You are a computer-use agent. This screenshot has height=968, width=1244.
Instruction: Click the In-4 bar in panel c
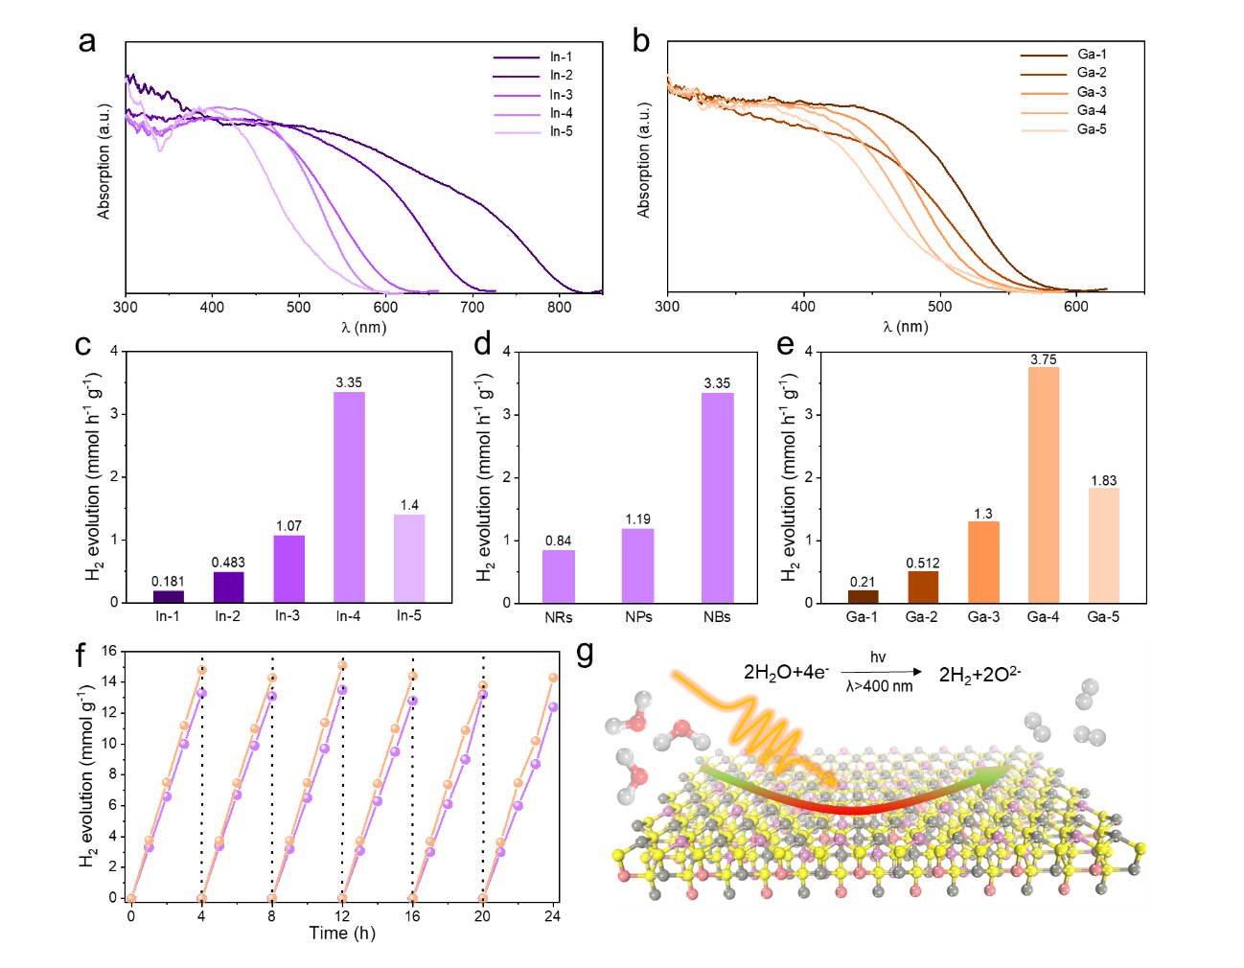point(349,496)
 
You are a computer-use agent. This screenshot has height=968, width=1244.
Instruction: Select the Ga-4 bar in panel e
point(1043,484)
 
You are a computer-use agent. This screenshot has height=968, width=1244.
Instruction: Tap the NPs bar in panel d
point(637,565)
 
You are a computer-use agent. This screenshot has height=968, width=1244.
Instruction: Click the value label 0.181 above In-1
point(168,581)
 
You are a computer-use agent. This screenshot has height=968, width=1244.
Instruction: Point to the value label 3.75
point(1044,359)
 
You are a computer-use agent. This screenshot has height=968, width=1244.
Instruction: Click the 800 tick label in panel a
point(559,308)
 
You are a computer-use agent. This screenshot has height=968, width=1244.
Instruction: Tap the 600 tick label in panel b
point(1075,307)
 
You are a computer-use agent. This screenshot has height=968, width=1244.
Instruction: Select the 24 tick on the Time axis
point(552,916)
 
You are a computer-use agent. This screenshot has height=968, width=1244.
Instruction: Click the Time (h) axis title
point(342,933)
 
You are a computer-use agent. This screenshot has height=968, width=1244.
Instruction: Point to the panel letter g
point(585,653)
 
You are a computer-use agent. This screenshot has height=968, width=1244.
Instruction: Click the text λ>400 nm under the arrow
point(879,686)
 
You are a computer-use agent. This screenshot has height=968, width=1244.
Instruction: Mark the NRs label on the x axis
point(558,617)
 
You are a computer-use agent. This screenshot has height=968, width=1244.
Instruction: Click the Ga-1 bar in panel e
point(863,596)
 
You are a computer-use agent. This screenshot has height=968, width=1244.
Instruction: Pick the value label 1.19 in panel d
point(637,519)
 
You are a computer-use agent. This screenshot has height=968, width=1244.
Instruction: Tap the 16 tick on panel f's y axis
point(109,652)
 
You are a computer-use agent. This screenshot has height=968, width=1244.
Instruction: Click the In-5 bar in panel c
point(409,558)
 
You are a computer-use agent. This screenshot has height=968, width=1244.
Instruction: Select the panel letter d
point(482,344)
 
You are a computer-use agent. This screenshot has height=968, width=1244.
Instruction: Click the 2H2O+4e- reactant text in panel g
point(786,673)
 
